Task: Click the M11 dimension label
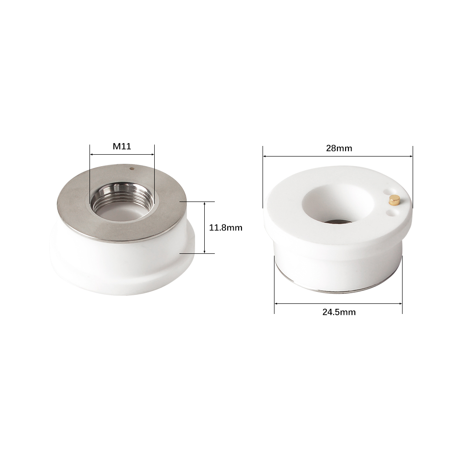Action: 122,146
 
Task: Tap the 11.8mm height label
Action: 226,228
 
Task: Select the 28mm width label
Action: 339,148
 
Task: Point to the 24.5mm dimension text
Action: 339,312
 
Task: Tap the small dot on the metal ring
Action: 131,168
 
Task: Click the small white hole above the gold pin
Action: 387,191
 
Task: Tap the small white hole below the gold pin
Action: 390,211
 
